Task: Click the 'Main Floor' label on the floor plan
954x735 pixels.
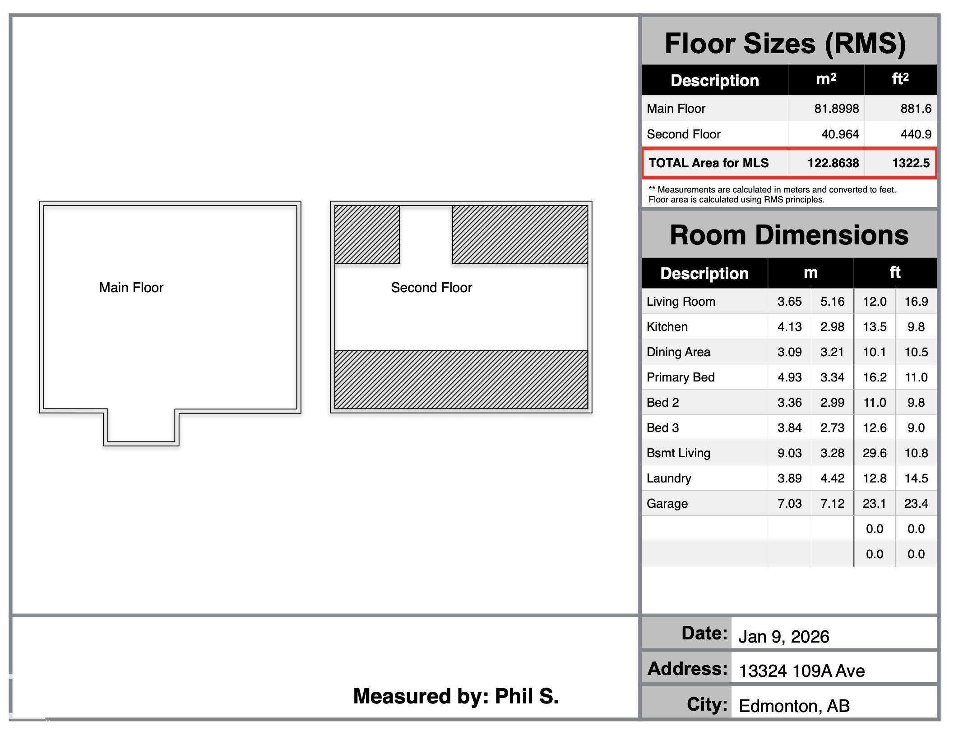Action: (x=131, y=288)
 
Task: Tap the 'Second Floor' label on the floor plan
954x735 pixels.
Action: (x=431, y=288)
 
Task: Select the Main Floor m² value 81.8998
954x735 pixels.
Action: (x=837, y=109)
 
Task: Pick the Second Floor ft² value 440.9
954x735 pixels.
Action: (x=916, y=134)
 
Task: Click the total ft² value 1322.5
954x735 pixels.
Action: (x=911, y=163)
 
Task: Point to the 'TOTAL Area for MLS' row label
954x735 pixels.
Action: (x=709, y=163)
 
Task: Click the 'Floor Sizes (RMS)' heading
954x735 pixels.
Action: (x=785, y=44)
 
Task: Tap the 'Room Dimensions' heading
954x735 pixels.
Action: (x=789, y=235)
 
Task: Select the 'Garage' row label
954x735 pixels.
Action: (x=667, y=504)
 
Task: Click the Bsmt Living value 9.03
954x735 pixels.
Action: (x=790, y=453)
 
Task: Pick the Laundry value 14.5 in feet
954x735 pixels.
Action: (x=916, y=478)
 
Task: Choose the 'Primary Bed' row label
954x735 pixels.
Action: (x=681, y=377)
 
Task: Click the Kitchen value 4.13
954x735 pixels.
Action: (x=790, y=327)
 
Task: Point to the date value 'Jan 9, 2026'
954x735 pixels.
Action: (x=784, y=637)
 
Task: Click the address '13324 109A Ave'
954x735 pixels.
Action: (x=802, y=671)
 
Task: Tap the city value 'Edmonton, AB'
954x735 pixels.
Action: (x=794, y=706)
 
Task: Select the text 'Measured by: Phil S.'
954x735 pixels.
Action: (x=456, y=696)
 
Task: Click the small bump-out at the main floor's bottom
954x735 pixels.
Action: (x=141, y=427)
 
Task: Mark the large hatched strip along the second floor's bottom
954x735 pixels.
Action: (x=461, y=379)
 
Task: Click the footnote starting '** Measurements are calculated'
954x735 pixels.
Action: (x=772, y=195)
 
